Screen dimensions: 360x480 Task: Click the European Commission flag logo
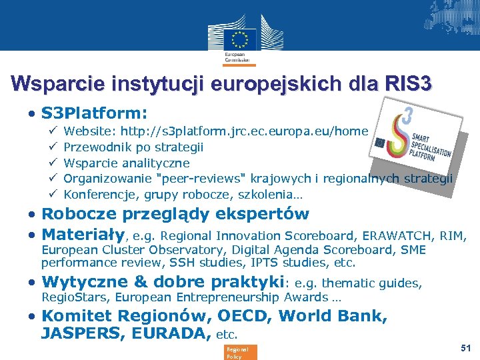coord(239,39)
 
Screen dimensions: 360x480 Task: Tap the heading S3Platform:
coord(94,113)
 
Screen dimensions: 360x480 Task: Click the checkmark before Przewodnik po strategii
coord(53,147)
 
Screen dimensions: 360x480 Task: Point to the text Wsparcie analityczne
coord(127,163)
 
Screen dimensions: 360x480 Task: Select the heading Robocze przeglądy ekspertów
coord(175,214)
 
